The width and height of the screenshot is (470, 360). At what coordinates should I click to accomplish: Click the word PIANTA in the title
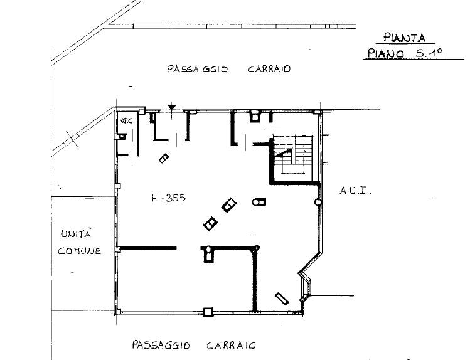[x=405, y=38]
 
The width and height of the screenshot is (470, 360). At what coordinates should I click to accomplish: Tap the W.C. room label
[x=127, y=121]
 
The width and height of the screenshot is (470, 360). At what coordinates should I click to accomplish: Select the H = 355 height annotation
[x=168, y=198]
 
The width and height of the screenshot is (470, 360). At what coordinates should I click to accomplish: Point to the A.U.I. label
[x=355, y=191]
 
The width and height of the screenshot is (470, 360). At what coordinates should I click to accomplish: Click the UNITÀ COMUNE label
[x=79, y=242]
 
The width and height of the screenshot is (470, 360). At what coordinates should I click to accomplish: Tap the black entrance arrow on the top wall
[x=172, y=107]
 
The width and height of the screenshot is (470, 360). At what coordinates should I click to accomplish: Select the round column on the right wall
[x=318, y=202]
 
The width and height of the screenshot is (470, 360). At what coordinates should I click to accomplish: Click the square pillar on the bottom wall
[x=208, y=312]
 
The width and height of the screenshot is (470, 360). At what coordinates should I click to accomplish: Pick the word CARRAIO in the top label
[x=269, y=69]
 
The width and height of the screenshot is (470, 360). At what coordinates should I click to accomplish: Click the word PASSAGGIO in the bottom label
[x=161, y=345]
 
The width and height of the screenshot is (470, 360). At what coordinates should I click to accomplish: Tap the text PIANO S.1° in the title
[x=405, y=53]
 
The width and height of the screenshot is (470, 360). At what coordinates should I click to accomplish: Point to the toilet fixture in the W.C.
[x=122, y=137]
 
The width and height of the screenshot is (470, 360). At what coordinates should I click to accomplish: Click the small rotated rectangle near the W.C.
[x=164, y=158]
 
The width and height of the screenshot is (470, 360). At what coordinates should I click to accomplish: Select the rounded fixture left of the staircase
[x=259, y=202]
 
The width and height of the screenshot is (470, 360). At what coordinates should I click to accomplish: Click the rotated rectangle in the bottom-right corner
[x=282, y=299]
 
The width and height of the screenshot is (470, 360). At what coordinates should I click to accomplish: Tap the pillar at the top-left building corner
[x=142, y=112]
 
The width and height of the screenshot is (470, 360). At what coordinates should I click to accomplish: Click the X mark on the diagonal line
[x=72, y=139]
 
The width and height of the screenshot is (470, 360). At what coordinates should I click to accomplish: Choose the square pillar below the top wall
[x=255, y=117]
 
